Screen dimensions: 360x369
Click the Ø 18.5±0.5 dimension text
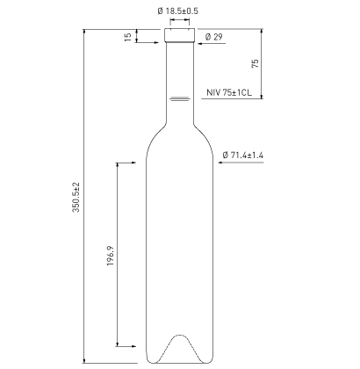click(x=177, y=11)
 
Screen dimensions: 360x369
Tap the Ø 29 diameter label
click(x=213, y=37)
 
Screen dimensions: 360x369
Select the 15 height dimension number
click(x=128, y=37)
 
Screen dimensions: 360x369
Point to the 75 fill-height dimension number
click(x=256, y=63)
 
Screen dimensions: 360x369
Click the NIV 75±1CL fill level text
click(x=229, y=92)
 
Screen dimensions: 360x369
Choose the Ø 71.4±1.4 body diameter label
click(x=242, y=155)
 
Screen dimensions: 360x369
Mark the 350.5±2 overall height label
click(x=76, y=197)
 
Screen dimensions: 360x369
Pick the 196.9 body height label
click(x=111, y=256)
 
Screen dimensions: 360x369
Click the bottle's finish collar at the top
click(x=180, y=35)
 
